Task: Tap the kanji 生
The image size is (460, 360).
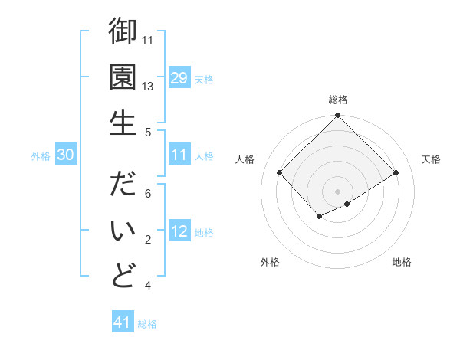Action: tap(123, 122)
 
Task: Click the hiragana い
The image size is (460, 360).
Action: tap(123, 231)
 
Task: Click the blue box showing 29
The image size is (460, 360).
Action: tap(179, 78)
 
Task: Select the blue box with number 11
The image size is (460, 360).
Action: tap(179, 155)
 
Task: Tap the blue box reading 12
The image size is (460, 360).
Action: tap(179, 232)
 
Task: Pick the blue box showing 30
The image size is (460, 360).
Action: tap(65, 155)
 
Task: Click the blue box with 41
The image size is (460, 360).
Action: tap(123, 323)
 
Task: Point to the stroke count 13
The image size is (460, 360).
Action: tap(148, 86)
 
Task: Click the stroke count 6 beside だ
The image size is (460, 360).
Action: tap(148, 194)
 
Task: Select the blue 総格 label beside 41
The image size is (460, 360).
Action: tap(147, 324)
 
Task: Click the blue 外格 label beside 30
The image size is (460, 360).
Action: tap(41, 156)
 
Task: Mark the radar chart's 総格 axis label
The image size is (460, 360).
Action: tap(337, 100)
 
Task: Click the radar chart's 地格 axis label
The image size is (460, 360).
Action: tap(402, 262)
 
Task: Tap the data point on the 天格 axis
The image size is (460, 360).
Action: tap(396, 174)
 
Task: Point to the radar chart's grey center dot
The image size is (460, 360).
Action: tap(337, 190)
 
